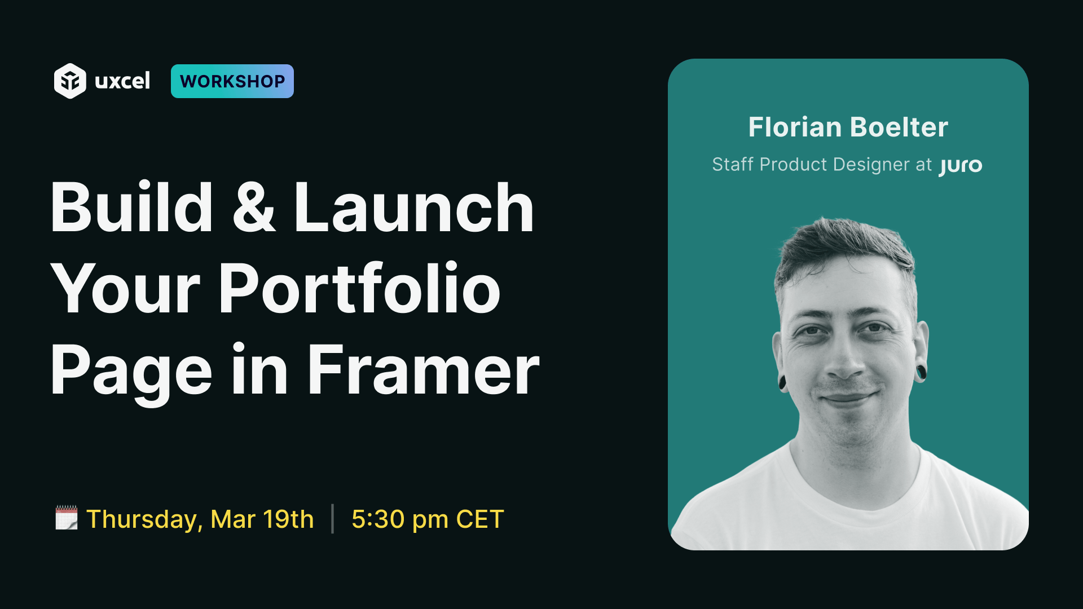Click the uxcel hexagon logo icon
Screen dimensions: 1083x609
[70, 81]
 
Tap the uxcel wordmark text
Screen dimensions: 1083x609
[122, 81]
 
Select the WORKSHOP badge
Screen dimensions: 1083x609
[232, 81]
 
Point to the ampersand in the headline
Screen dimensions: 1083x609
[254, 207]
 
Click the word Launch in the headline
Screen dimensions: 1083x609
[413, 207]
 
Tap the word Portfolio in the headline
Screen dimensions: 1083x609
[360, 288]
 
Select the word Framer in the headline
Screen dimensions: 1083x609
[424, 370]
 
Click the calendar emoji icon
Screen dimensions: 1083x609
[67, 518]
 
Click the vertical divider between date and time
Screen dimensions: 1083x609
[333, 519]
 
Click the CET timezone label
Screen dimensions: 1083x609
[480, 519]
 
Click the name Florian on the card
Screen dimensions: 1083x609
[795, 127]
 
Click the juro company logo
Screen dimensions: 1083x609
[961, 166]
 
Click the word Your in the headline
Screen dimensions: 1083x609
[126, 288]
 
